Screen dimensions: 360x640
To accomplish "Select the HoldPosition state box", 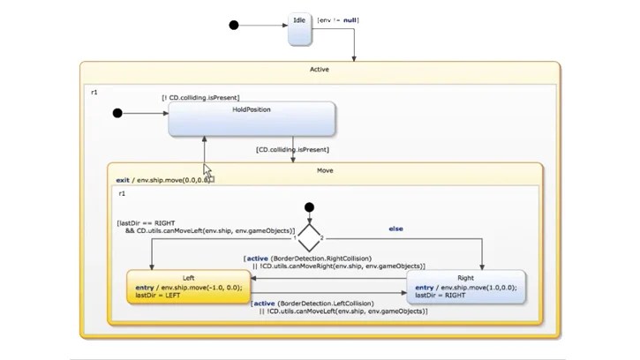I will coord(252,119).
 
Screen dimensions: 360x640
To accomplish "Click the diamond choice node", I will coord(309,236).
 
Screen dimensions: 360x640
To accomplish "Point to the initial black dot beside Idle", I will coord(234,26).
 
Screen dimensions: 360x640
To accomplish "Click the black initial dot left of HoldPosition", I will coord(117,113).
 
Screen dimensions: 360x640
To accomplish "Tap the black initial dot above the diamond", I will coord(309,207).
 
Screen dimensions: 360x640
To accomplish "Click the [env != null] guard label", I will coord(338,19).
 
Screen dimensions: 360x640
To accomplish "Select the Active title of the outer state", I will coord(320,69).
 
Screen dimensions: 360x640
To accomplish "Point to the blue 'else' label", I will coord(396,229).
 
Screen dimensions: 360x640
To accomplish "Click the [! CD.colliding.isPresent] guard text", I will coord(200,97).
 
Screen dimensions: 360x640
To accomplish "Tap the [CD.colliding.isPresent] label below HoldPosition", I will coord(292,150).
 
